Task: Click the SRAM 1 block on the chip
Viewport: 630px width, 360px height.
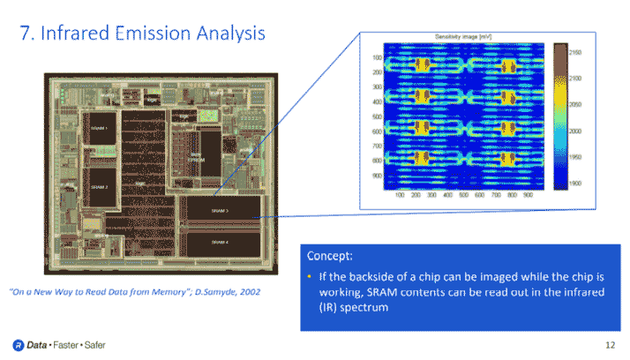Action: pyautogui.click(x=101, y=129)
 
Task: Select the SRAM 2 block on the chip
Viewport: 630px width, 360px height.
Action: pyautogui.click(x=101, y=187)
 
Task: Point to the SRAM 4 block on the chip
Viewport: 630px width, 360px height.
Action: pyautogui.click(x=220, y=241)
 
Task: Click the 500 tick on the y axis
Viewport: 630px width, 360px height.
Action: pyautogui.click(x=377, y=116)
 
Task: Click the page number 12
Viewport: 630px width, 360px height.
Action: pyautogui.click(x=610, y=343)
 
